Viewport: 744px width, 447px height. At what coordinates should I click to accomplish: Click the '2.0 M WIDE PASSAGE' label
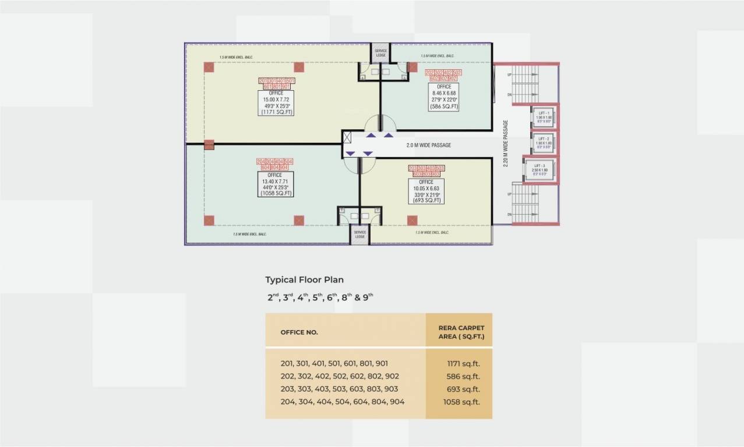click(428, 146)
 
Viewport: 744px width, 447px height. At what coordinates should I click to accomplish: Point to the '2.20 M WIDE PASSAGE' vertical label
click(506, 144)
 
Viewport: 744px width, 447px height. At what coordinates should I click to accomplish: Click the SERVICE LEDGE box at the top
click(380, 53)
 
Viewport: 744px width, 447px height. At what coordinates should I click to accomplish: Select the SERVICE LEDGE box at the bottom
click(359, 235)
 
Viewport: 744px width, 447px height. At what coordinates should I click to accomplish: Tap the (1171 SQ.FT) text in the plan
click(276, 112)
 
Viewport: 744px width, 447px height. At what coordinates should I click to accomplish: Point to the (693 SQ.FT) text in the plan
click(426, 200)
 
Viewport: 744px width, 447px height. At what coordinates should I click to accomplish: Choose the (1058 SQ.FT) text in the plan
click(276, 193)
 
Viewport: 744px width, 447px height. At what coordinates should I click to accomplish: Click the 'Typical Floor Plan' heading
click(304, 280)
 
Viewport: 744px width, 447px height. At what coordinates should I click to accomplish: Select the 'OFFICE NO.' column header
click(299, 332)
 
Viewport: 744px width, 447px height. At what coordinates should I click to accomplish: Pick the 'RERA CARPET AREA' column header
click(461, 332)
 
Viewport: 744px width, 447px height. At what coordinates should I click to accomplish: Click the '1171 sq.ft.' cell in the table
click(463, 364)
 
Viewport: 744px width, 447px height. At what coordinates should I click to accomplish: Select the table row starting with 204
click(342, 402)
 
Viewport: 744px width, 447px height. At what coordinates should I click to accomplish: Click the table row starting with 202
click(340, 376)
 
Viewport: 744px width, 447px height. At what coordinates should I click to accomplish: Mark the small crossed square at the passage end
click(348, 138)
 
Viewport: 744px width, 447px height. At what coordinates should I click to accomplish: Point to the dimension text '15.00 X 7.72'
click(276, 100)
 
